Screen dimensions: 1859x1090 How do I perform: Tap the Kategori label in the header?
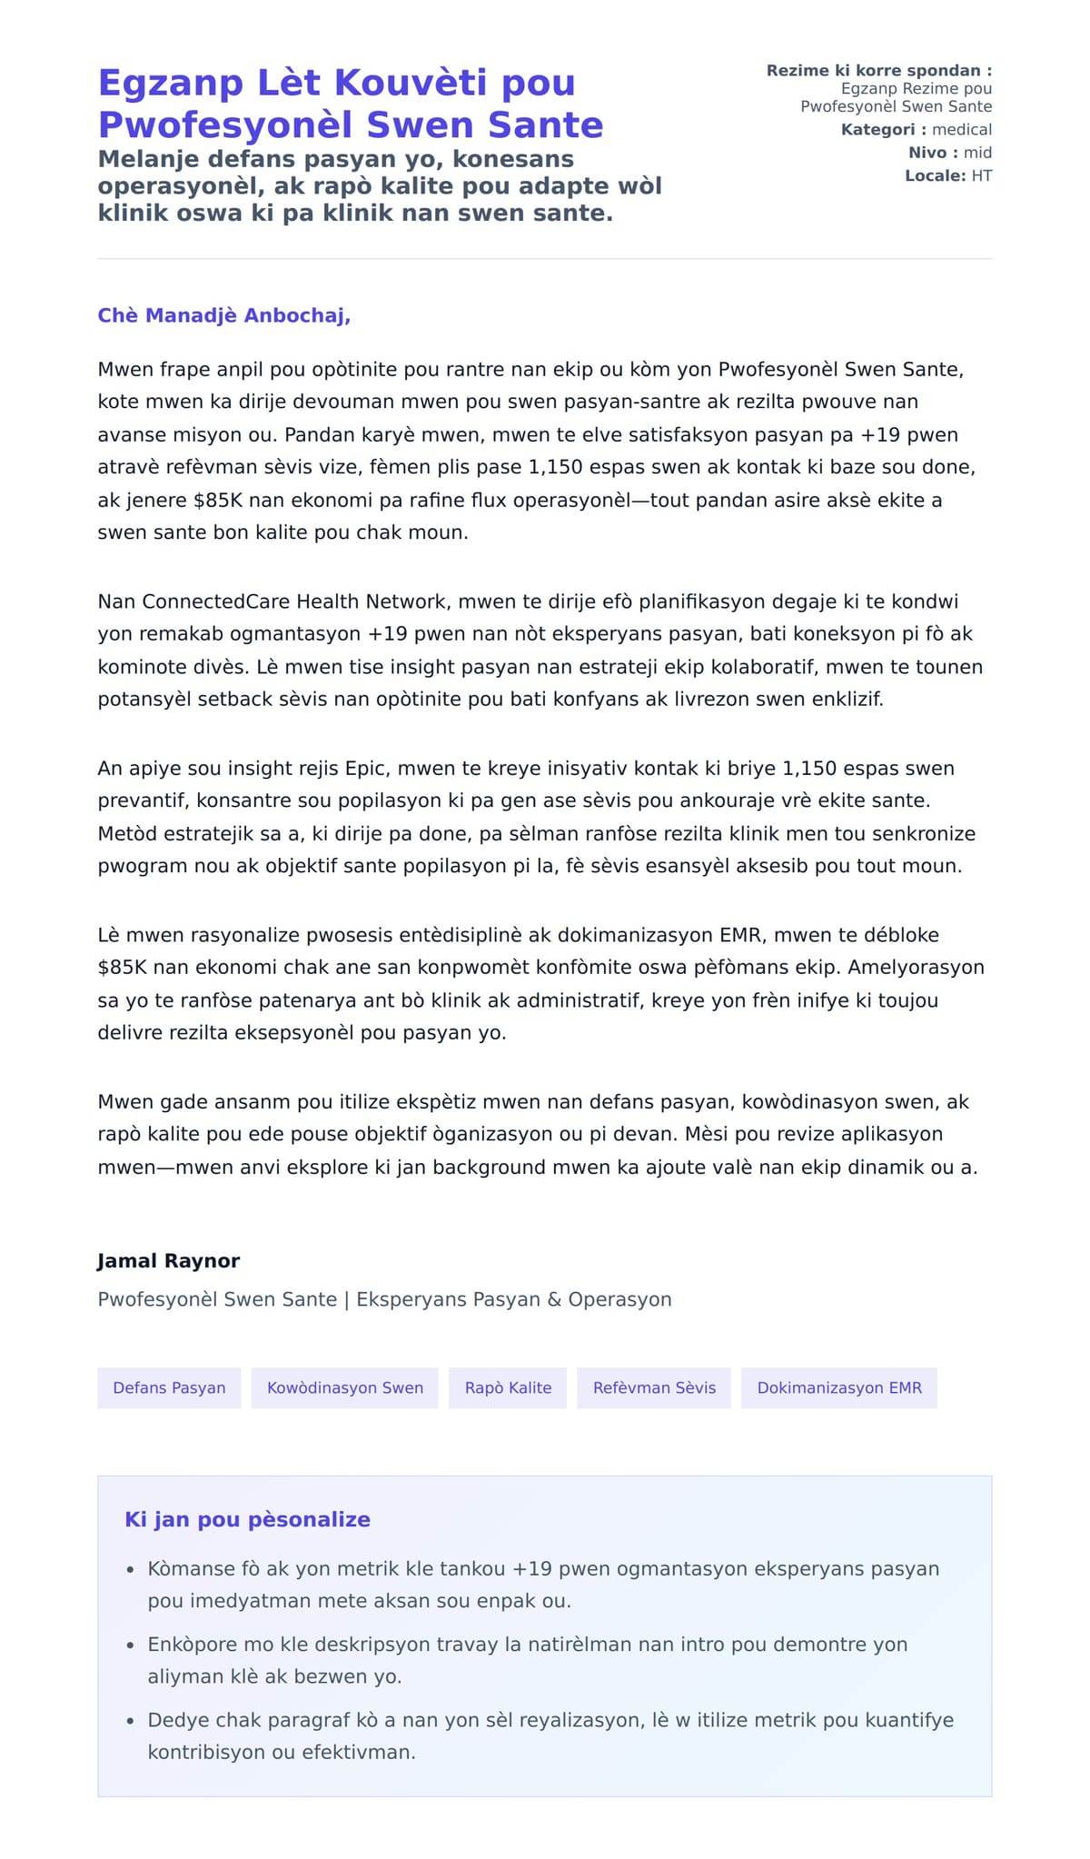click(877, 130)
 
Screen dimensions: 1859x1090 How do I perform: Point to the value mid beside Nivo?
click(977, 153)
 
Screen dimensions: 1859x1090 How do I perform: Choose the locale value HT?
click(981, 175)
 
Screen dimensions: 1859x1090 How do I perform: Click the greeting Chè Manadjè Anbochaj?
click(223, 315)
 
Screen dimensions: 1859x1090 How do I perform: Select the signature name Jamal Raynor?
click(169, 1260)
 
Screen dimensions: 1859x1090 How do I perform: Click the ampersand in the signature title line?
click(554, 1299)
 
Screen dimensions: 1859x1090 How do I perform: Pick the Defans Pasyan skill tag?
click(169, 1387)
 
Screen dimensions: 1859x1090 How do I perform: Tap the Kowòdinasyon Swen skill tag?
click(345, 1387)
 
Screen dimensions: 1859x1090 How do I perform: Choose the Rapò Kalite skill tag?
click(508, 1387)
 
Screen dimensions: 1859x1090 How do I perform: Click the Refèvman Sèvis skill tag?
click(654, 1387)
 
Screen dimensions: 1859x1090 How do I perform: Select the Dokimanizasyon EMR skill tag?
click(839, 1387)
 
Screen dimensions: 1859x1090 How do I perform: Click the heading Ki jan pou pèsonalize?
click(247, 1519)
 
